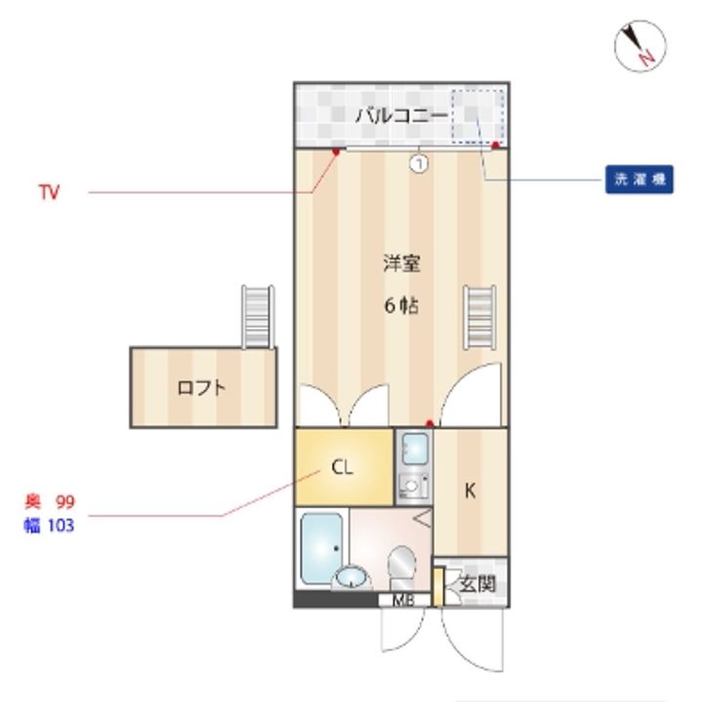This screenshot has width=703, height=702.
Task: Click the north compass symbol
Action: [640, 46]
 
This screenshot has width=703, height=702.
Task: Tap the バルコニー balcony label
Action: [401, 115]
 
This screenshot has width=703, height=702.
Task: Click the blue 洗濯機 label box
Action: [639, 180]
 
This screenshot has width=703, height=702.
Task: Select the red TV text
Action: [50, 192]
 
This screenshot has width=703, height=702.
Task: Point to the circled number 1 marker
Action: [419, 163]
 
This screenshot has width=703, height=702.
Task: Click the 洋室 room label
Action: [401, 263]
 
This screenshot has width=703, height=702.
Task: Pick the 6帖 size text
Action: [401, 306]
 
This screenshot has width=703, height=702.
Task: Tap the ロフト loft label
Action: [201, 388]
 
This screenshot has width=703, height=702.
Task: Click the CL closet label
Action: [342, 467]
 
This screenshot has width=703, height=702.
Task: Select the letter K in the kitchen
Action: [470, 491]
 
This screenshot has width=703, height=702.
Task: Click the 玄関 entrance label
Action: [477, 584]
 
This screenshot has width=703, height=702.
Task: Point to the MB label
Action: [403, 600]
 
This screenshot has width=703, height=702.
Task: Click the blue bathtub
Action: [321, 548]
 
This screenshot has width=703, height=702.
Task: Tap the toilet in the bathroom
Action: [402, 567]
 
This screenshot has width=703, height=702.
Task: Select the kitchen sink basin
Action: [415, 449]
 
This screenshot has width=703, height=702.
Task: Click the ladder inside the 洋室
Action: [479, 318]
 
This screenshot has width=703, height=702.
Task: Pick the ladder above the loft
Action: [258, 317]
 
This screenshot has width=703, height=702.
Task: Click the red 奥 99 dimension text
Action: [50, 502]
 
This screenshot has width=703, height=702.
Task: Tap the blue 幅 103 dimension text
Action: [49, 525]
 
